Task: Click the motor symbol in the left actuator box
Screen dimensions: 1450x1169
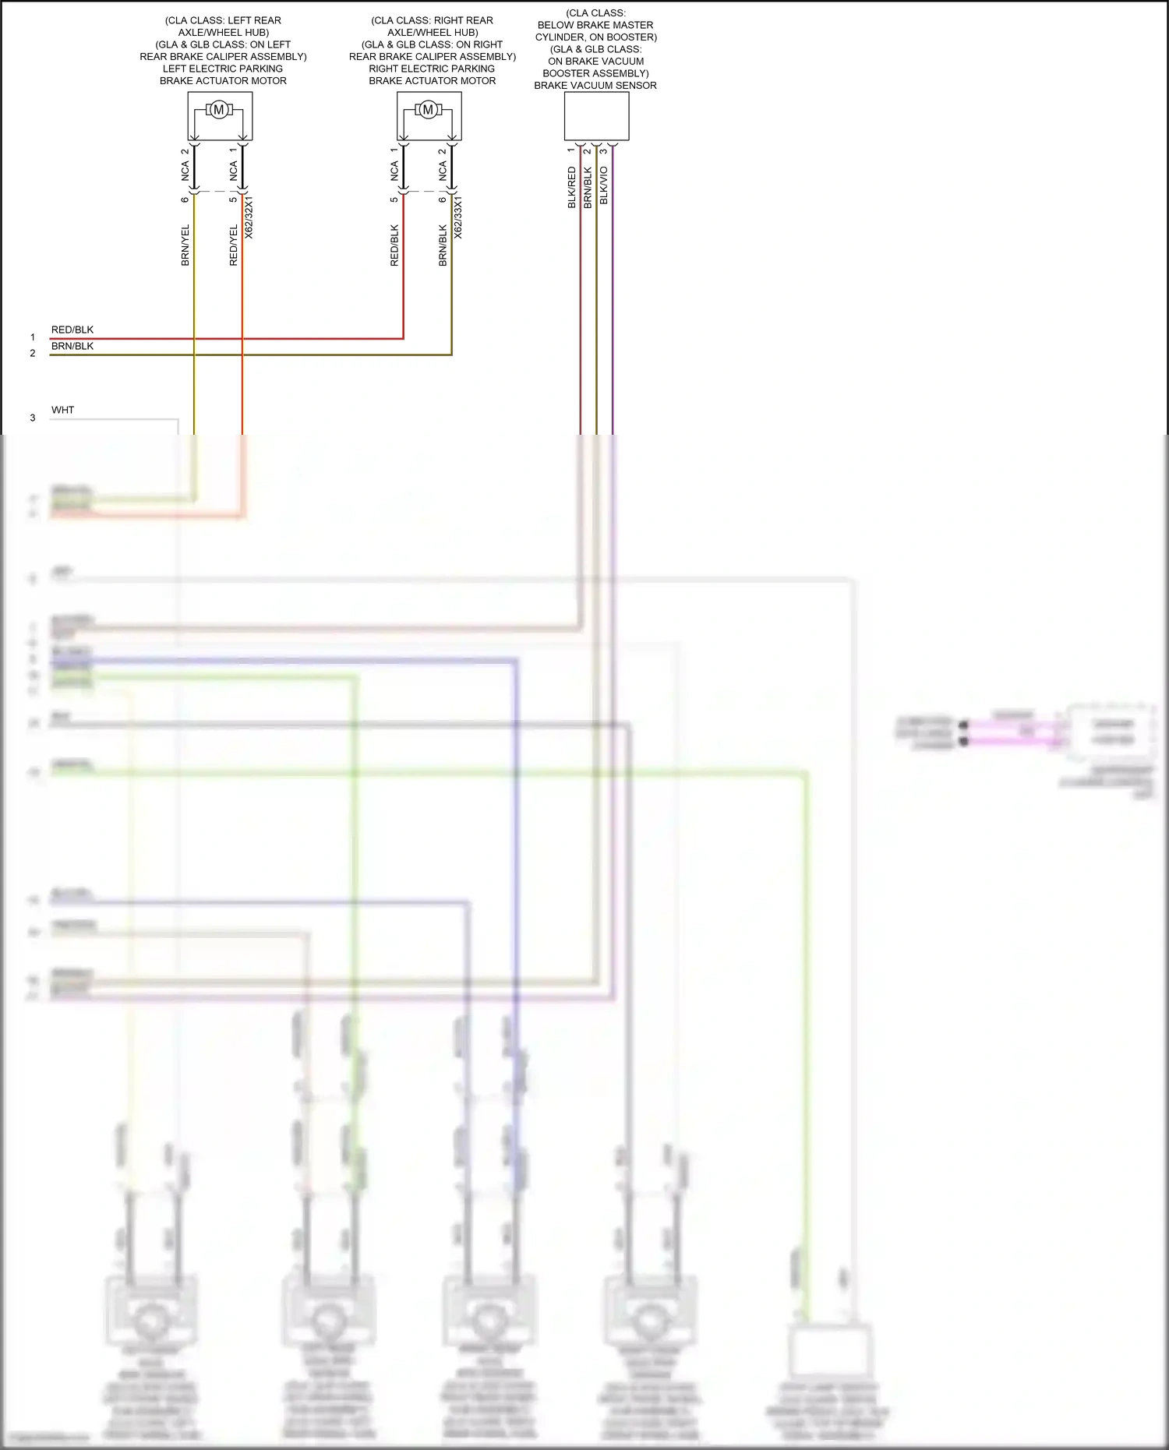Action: [x=219, y=110]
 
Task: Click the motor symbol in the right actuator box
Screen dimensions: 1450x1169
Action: [x=428, y=110]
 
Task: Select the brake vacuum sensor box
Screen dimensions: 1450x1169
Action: [x=596, y=116]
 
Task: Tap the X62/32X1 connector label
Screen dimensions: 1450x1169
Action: [x=249, y=217]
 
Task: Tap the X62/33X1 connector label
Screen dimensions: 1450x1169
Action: [x=458, y=217]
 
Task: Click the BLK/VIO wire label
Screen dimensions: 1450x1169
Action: [x=604, y=185]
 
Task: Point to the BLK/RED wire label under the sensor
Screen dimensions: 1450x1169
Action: [x=571, y=187]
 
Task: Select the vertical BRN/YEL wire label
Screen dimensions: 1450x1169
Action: [x=185, y=245]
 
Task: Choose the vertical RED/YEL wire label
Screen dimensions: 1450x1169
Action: [x=234, y=245]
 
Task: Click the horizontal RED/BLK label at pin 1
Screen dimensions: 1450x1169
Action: [x=72, y=330]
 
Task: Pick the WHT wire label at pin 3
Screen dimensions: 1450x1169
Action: [x=63, y=410]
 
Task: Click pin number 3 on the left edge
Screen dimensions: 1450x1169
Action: [x=33, y=418]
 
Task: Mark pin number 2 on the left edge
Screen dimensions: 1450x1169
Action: [x=33, y=353]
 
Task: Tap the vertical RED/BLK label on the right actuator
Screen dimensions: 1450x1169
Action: [x=394, y=245]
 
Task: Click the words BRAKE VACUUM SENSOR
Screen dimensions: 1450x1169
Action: [x=595, y=86]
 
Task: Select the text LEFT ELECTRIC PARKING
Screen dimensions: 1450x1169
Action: [x=223, y=69]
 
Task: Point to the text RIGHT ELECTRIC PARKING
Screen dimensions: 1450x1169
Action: [x=432, y=69]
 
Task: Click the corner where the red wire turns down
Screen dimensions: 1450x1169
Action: [x=403, y=338]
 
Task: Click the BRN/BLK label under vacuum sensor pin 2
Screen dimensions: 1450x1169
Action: [x=588, y=187]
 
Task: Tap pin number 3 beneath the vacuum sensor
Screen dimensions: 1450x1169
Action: [x=604, y=150]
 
